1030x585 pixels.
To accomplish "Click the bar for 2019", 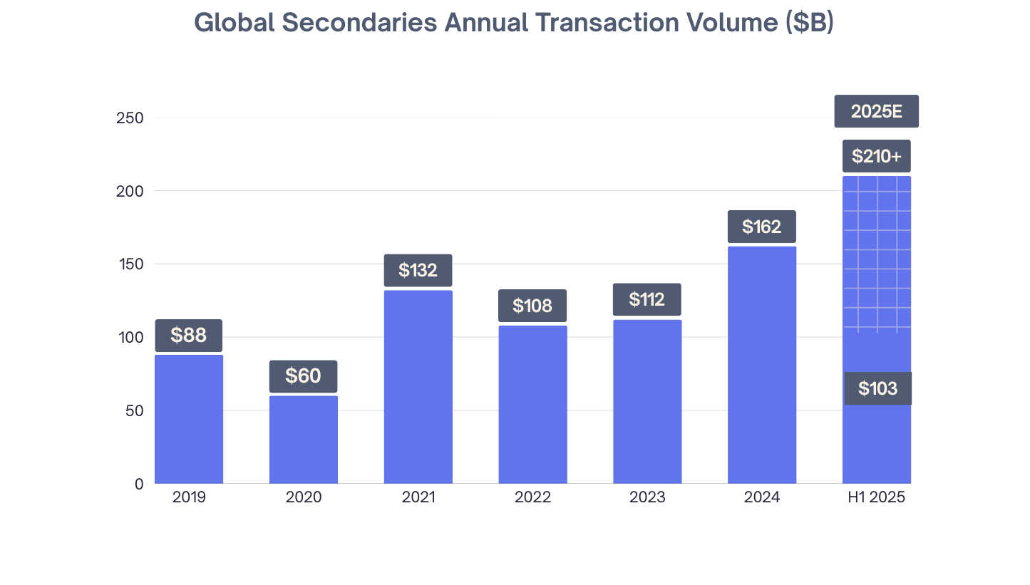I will point(189,420).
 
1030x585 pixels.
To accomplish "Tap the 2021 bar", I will point(418,388).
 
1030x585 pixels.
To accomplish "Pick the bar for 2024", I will point(762,367).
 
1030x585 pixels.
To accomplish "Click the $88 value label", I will point(189,336).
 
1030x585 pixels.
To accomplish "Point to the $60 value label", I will point(304,376).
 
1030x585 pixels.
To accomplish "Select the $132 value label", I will point(418,271).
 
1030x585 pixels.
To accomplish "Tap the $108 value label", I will point(532,306).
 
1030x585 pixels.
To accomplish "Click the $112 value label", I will point(647,300).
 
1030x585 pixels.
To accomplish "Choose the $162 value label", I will point(761,227).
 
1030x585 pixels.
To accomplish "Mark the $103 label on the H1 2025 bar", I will point(877,389).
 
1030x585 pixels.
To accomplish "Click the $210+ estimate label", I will point(876,156).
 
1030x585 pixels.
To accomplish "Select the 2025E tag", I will point(876,112).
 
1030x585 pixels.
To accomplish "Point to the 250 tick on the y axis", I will point(130,118).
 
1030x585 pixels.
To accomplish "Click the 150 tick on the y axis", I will point(130,264).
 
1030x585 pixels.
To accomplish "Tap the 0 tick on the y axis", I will point(139,485).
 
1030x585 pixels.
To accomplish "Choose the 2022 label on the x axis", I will point(532,497).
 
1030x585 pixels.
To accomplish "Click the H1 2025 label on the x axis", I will point(876,497).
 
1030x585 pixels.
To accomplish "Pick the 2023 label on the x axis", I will point(647,497).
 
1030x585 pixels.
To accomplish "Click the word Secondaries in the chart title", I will point(359,23).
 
